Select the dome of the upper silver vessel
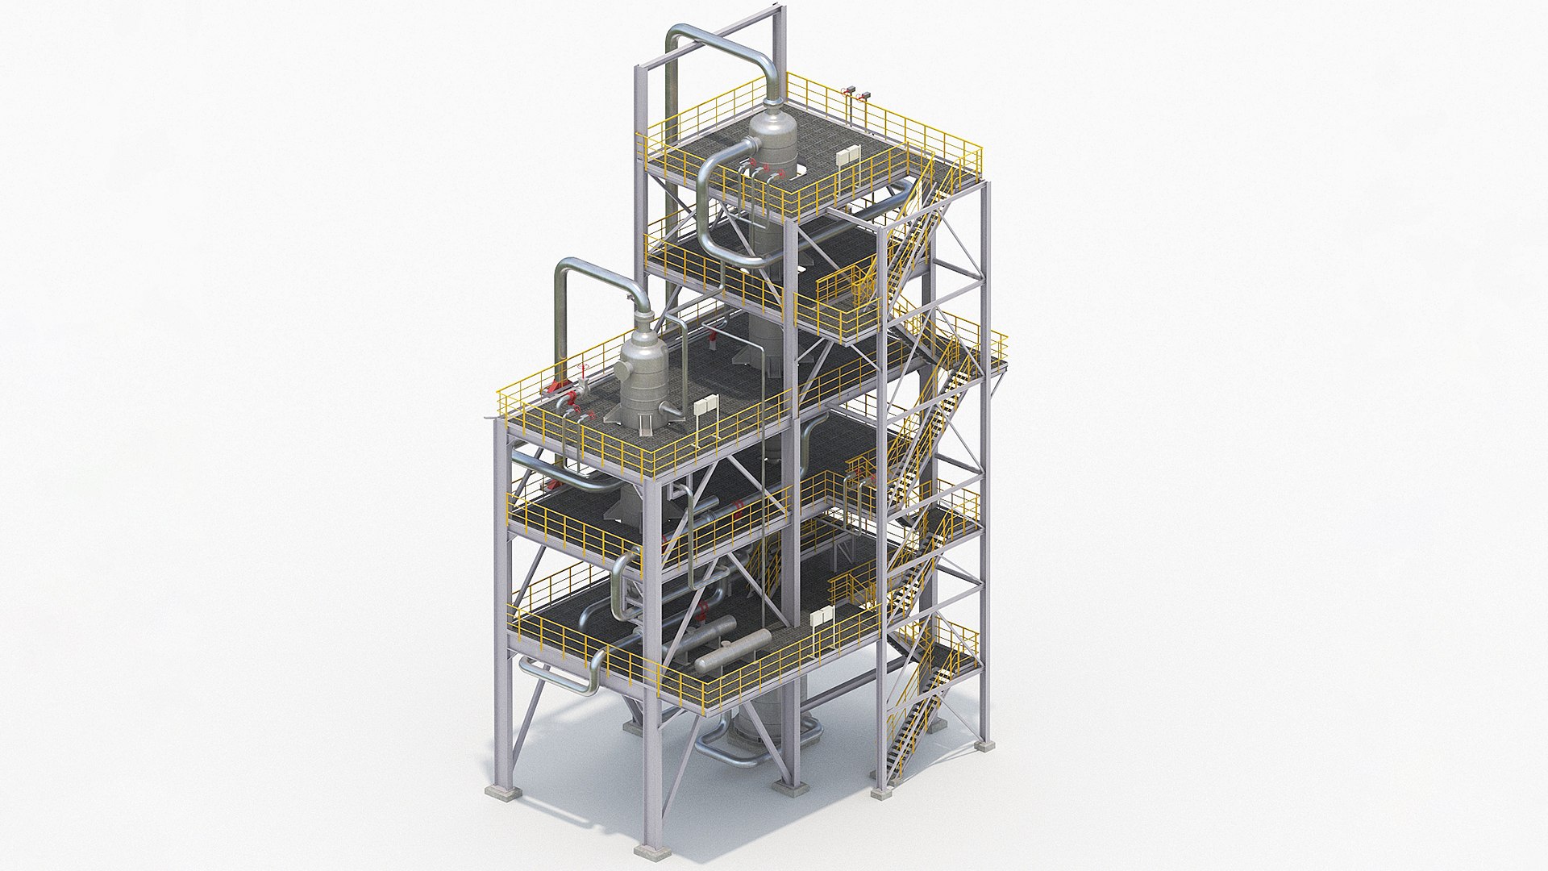tap(768, 127)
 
